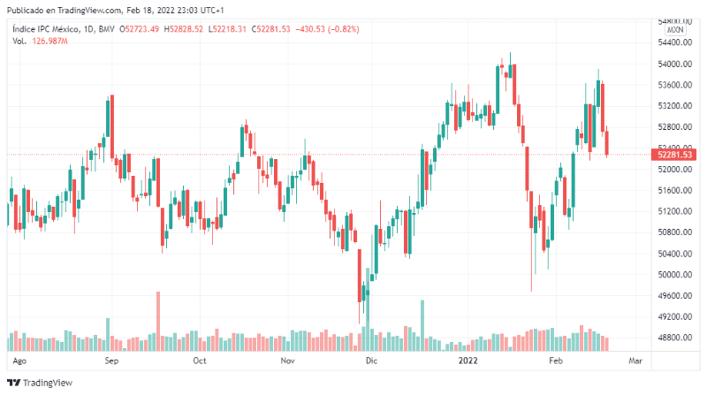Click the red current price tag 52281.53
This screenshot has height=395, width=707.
pos(673,155)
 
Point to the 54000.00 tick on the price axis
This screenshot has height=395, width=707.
pos(673,64)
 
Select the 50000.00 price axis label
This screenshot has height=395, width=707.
pos(673,274)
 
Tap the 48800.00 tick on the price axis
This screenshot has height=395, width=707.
pos(673,338)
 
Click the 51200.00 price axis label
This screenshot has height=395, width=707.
pos(673,211)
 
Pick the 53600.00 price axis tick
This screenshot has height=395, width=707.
pos(673,85)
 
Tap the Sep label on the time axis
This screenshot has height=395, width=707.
pos(112,361)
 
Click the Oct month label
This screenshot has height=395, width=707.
pos(200,361)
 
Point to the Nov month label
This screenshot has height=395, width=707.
pos(286,361)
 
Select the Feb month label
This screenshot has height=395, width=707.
pos(556,361)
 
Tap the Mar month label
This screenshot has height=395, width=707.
pos(635,361)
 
